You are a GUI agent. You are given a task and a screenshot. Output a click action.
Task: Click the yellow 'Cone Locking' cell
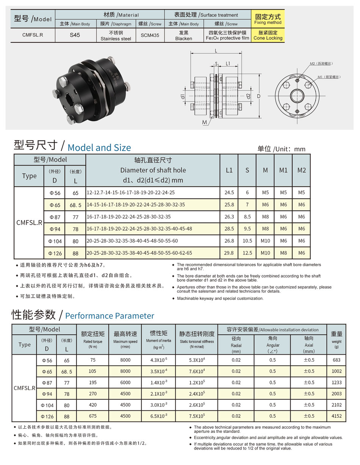click(268, 35)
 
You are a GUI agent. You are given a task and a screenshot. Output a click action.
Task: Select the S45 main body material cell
click(75, 35)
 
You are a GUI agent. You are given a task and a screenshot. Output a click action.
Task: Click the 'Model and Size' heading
click(99, 147)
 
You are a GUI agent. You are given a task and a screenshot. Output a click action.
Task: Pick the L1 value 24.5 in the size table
click(229, 192)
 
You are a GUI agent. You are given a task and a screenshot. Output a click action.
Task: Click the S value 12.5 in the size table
click(247, 253)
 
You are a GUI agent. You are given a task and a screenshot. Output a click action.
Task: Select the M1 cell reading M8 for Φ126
click(283, 253)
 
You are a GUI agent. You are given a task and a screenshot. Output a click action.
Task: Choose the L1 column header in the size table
click(229, 170)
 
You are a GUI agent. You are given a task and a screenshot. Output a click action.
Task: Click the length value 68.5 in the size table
click(76, 205)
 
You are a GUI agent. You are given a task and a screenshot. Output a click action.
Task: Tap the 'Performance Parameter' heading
click(110, 316)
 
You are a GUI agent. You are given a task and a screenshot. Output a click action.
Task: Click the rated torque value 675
click(92, 416)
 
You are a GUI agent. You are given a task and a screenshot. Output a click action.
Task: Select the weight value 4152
click(336, 416)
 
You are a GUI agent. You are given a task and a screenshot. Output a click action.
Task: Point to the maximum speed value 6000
click(125, 382)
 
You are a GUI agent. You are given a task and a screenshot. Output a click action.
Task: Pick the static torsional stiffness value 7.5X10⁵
click(197, 416)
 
